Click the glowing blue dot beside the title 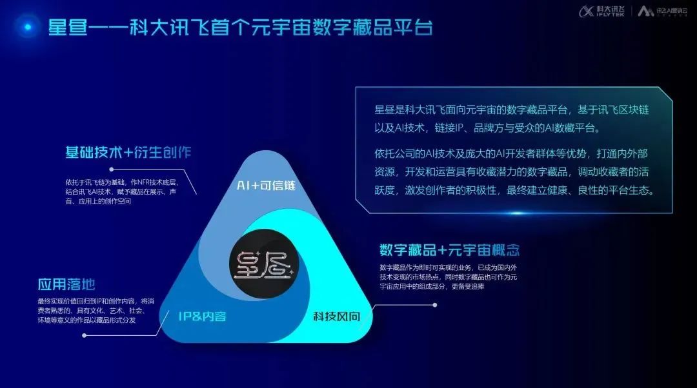point(28,27)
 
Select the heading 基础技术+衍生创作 point(128,153)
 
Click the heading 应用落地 point(67,285)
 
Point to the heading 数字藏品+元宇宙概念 point(449,250)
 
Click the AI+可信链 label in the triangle point(266,186)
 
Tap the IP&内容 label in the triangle point(201,316)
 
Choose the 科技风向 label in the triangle point(336,316)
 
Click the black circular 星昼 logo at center point(264,263)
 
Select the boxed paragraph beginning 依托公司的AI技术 point(513,172)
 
